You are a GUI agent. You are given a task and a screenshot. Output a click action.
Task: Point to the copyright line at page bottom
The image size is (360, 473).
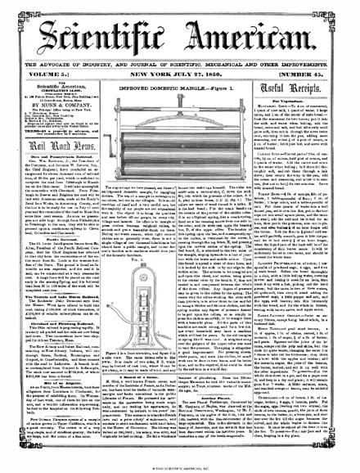(179, 467)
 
